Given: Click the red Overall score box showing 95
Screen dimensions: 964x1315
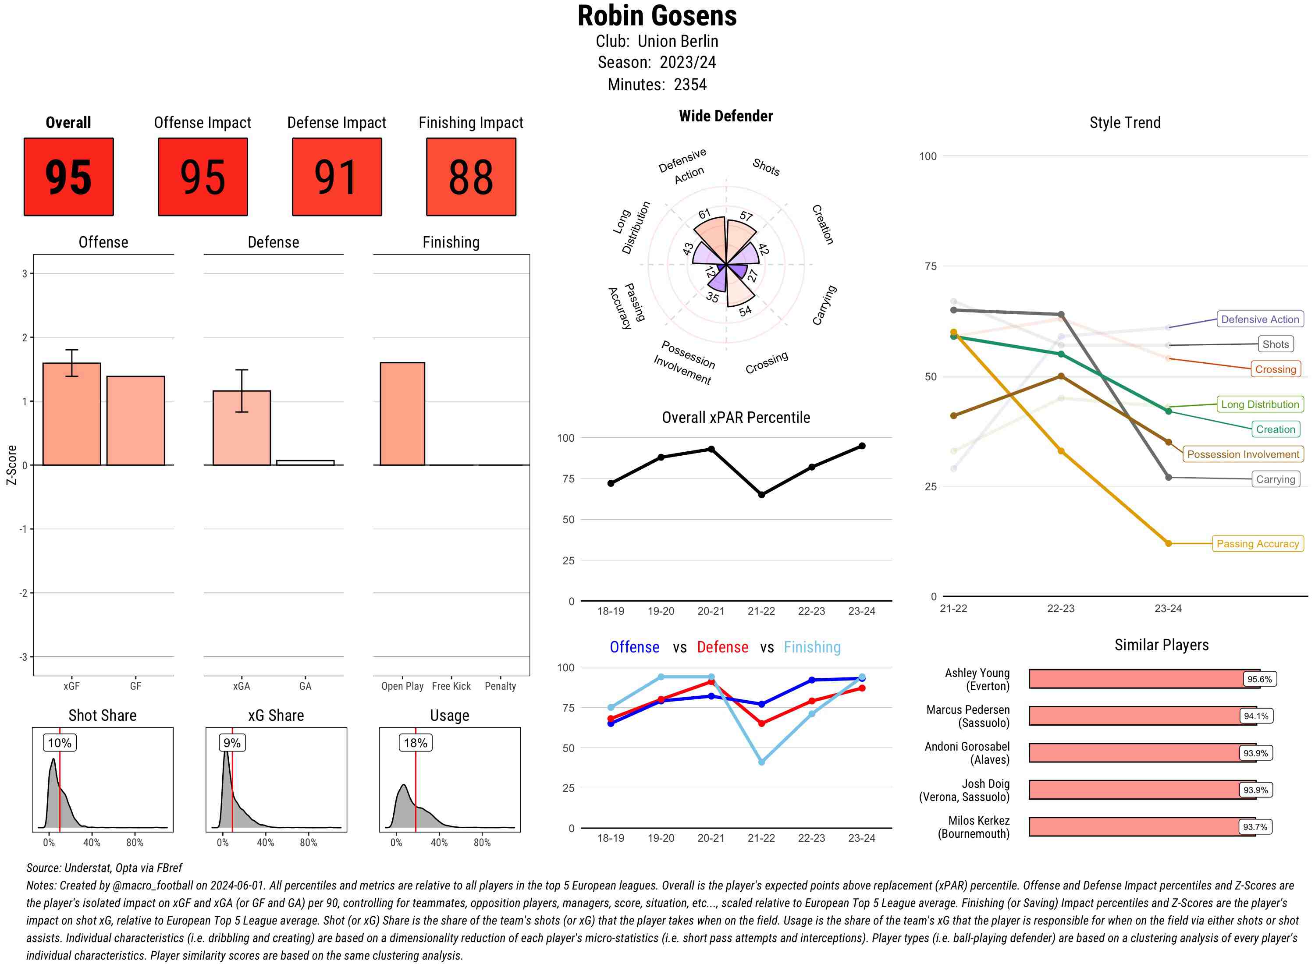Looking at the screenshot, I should pyautogui.click(x=68, y=177).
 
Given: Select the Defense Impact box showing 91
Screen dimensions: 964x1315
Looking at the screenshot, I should pyautogui.click(x=337, y=177).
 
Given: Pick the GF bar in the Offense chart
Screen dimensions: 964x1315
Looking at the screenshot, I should pyautogui.click(x=135, y=420).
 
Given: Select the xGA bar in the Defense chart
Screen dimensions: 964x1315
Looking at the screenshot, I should pyautogui.click(x=241, y=428).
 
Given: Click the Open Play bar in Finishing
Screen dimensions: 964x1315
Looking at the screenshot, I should pyautogui.click(x=402, y=414).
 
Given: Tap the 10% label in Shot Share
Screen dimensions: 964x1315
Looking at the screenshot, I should pyautogui.click(x=60, y=743).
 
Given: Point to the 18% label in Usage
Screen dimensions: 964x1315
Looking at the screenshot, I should pyautogui.click(x=415, y=743).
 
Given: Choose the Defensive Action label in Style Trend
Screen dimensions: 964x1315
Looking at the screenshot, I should pyautogui.click(x=1260, y=319).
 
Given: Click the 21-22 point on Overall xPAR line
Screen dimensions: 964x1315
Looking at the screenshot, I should pyautogui.click(x=761, y=494).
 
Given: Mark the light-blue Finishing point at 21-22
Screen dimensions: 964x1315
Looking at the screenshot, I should pyautogui.click(x=761, y=762).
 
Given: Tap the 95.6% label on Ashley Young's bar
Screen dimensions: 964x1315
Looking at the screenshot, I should pyautogui.click(x=1259, y=679).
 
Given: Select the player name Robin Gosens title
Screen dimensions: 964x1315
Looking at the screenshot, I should pyautogui.click(x=657, y=16).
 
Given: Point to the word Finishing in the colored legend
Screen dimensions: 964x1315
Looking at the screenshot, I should pyautogui.click(x=812, y=647).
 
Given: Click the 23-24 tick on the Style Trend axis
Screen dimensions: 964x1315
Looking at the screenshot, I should pyautogui.click(x=1168, y=609).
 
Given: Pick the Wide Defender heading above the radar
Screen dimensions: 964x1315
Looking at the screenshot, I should pyautogui.click(x=725, y=116).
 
